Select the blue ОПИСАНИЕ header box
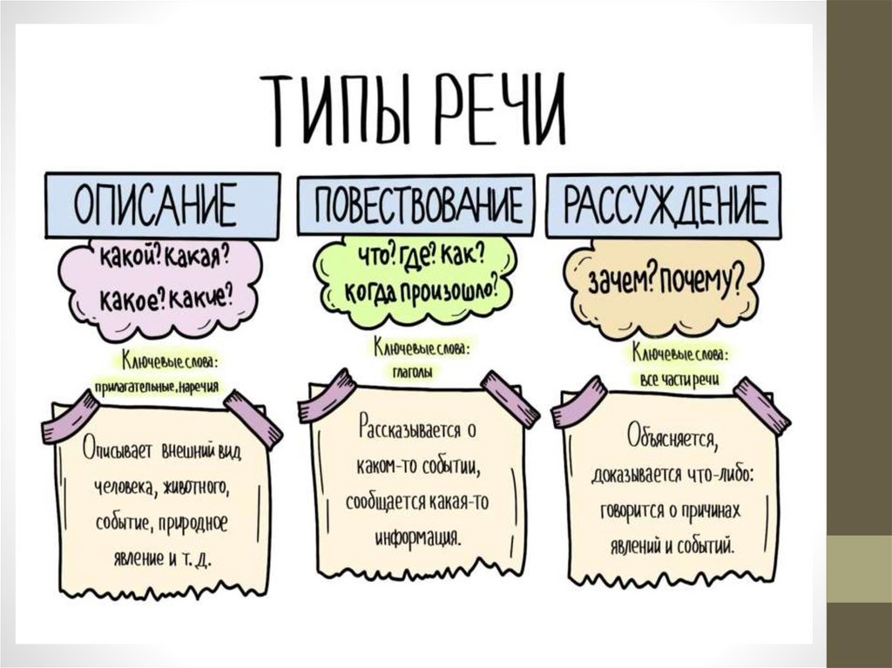[163, 206]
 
